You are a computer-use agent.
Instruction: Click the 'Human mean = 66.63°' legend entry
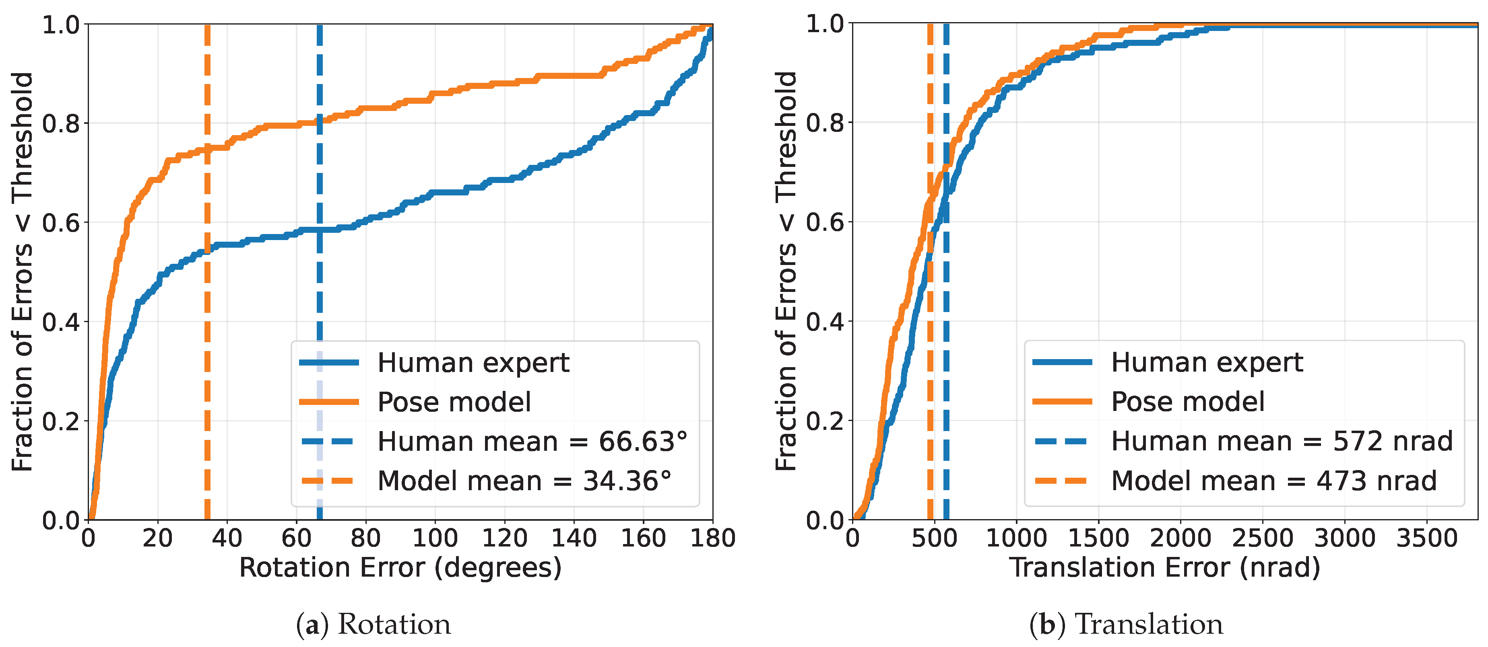tap(494, 442)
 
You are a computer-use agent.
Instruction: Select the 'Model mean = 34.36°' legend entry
tap(486, 481)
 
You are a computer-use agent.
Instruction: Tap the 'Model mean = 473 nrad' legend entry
tap(1235, 481)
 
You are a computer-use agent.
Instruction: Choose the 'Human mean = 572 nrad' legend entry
tap(1242, 442)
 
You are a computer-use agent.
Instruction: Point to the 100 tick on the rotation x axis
tap(435, 538)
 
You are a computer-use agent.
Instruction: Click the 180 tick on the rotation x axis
tap(713, 538)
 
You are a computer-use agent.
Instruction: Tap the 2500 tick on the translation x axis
tap(1263, 538)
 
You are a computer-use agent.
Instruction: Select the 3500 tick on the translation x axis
tap(1427, 538)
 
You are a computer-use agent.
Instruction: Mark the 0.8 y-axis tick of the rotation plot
tap(61, 123)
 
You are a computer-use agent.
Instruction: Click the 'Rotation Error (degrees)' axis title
tap(400, 568)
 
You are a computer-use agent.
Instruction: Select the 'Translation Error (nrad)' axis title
tap(1164, 568)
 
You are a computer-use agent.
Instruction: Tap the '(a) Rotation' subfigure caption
tap(373, 624)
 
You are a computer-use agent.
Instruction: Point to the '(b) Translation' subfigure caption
tap(1126, 624)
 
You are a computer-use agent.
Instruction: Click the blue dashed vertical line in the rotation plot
tap(320, 272)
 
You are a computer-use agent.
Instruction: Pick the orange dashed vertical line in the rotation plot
tap(207, 272)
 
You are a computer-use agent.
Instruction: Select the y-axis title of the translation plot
tap(786, 271)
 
